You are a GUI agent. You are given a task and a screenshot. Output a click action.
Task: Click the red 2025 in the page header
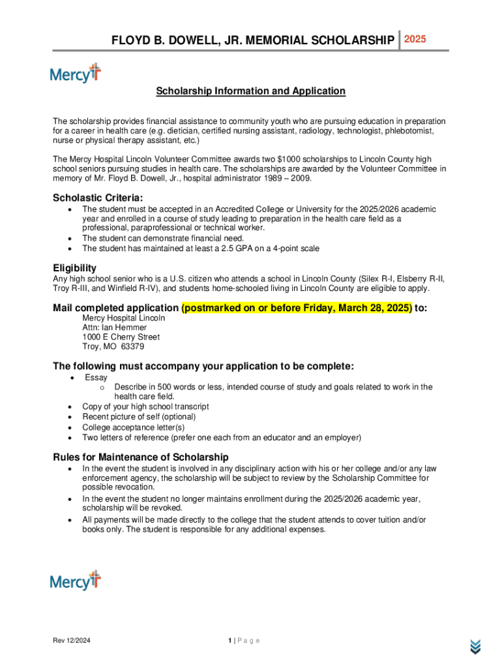(x=415, y=40)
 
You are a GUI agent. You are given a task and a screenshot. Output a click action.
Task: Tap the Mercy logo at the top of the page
(x=76, y=74)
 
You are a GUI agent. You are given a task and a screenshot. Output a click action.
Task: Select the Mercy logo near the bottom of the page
(x=76, y=581)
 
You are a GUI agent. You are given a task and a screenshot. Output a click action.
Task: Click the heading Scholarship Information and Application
(x=250, y=91)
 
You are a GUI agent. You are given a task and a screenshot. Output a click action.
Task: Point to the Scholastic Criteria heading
(x=98, y=198)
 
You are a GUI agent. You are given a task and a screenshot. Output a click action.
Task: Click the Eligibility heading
(x=74, y=268)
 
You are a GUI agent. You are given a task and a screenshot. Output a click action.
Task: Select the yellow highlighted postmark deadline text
(x=297, y=308)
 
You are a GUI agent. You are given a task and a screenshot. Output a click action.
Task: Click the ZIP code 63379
(x=132, y=347)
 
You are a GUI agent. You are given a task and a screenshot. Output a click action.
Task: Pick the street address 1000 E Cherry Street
(x=121, y=337)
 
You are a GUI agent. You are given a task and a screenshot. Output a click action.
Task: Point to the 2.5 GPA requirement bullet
(x=200, y=249)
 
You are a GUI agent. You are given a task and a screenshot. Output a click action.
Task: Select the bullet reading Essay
(x=96, y=378)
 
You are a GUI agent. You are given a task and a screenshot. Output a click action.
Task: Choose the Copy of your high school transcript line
(x=145, y=407)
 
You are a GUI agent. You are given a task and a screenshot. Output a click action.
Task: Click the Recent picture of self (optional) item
(x=138, y=417)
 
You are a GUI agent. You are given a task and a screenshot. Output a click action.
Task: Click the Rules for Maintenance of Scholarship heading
(x=141, y=457)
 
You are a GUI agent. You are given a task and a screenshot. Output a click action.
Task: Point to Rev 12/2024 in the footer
(x=72, y=641)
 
